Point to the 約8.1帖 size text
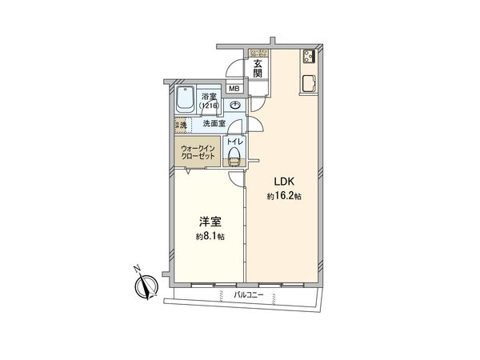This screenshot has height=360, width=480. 209,237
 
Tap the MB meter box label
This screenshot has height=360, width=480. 235,89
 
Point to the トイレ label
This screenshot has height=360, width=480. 234,141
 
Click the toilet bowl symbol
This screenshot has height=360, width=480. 234,158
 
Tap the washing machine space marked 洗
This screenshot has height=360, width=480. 182,125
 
